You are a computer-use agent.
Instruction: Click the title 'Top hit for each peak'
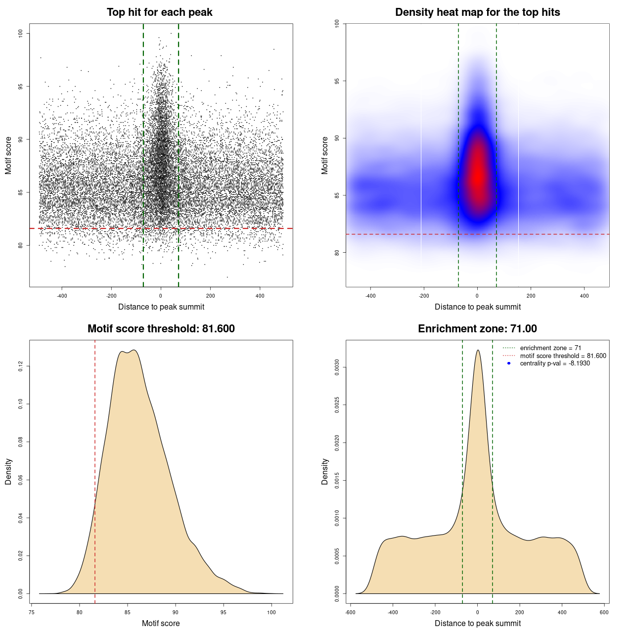[x=160, y=12]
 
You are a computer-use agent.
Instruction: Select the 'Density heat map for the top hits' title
[x=477, y=12]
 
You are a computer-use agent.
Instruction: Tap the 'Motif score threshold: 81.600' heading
[x=161, y=329]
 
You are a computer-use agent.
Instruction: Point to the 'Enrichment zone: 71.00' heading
[x=477, y=329]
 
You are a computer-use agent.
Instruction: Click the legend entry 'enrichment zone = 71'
[x=550, y=348]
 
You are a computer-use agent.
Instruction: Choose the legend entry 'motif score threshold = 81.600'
[x=563, y=356]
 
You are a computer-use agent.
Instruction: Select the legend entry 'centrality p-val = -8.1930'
[x=555, y=363]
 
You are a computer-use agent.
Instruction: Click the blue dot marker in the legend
[x=509, y=363]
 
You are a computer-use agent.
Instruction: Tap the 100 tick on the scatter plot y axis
[x=21, y=33]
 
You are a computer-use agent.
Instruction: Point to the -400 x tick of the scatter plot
[x=62, y=296]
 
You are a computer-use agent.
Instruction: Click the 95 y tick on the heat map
[x=337, y=81]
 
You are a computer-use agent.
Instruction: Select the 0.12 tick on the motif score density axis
[x=21, y=366]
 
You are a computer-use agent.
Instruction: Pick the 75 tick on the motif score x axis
[x=32, y=612]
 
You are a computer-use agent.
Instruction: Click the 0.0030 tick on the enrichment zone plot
[x=337, y=367]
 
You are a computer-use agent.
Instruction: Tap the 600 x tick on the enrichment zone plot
[x=604, y=612]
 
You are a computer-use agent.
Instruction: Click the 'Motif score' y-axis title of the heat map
[x=325, y=155]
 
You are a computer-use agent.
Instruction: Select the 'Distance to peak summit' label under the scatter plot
[x=161, y=307]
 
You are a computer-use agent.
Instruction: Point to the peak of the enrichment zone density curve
[x=478, y=350]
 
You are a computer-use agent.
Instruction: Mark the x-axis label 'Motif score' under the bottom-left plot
[x=161, y=623]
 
